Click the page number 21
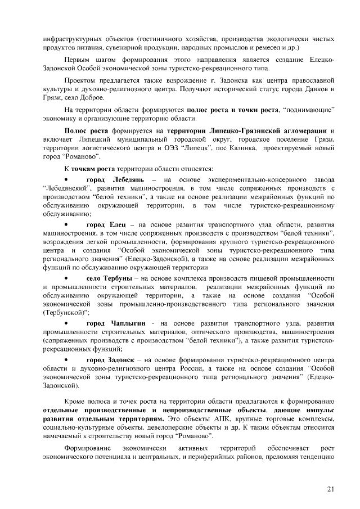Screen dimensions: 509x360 click(330, 488)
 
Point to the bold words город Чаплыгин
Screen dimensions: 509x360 click(116, 325)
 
